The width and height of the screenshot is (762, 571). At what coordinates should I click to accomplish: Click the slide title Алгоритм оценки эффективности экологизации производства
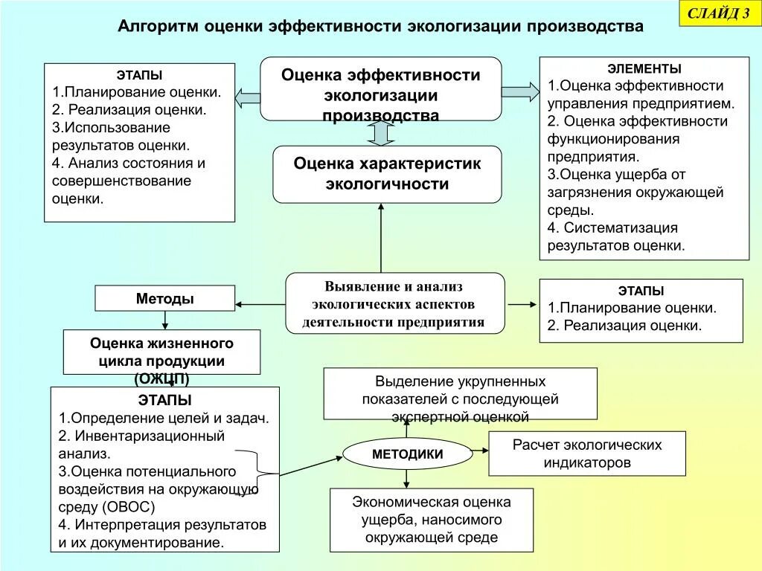coord(380,27)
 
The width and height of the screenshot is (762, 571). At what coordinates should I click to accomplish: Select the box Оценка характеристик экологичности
coord(387,174)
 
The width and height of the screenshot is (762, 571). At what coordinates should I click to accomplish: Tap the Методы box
coord(164,299)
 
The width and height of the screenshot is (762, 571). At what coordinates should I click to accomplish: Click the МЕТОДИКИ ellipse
coord(407,454)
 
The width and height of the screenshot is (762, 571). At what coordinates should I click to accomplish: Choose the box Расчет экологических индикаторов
coord(586,454)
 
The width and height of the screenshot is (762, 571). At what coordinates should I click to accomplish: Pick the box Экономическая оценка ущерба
coord(432,520)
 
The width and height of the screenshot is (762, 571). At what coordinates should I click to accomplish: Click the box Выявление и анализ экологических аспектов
coord(395,303)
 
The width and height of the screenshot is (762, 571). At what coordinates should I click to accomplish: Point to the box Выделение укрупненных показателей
coord(460,393)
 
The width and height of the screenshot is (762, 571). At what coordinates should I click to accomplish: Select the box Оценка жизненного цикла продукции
coord(161,352)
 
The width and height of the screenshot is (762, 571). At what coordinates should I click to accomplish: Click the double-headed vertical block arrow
coord(380,133)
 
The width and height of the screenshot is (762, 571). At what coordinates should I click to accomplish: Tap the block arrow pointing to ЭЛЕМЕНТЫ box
coord(520,91)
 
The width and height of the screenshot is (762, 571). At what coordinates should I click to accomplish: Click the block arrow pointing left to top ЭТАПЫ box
coord(248,97)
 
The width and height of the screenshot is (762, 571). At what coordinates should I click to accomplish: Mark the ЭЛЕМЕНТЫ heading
coord(644,68)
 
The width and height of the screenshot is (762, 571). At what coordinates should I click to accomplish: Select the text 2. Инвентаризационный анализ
coord(141,444)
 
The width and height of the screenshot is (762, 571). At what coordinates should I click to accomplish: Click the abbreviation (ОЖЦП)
coord(161,379)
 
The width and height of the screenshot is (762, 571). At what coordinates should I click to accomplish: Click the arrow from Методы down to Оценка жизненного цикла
coord(164,320)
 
